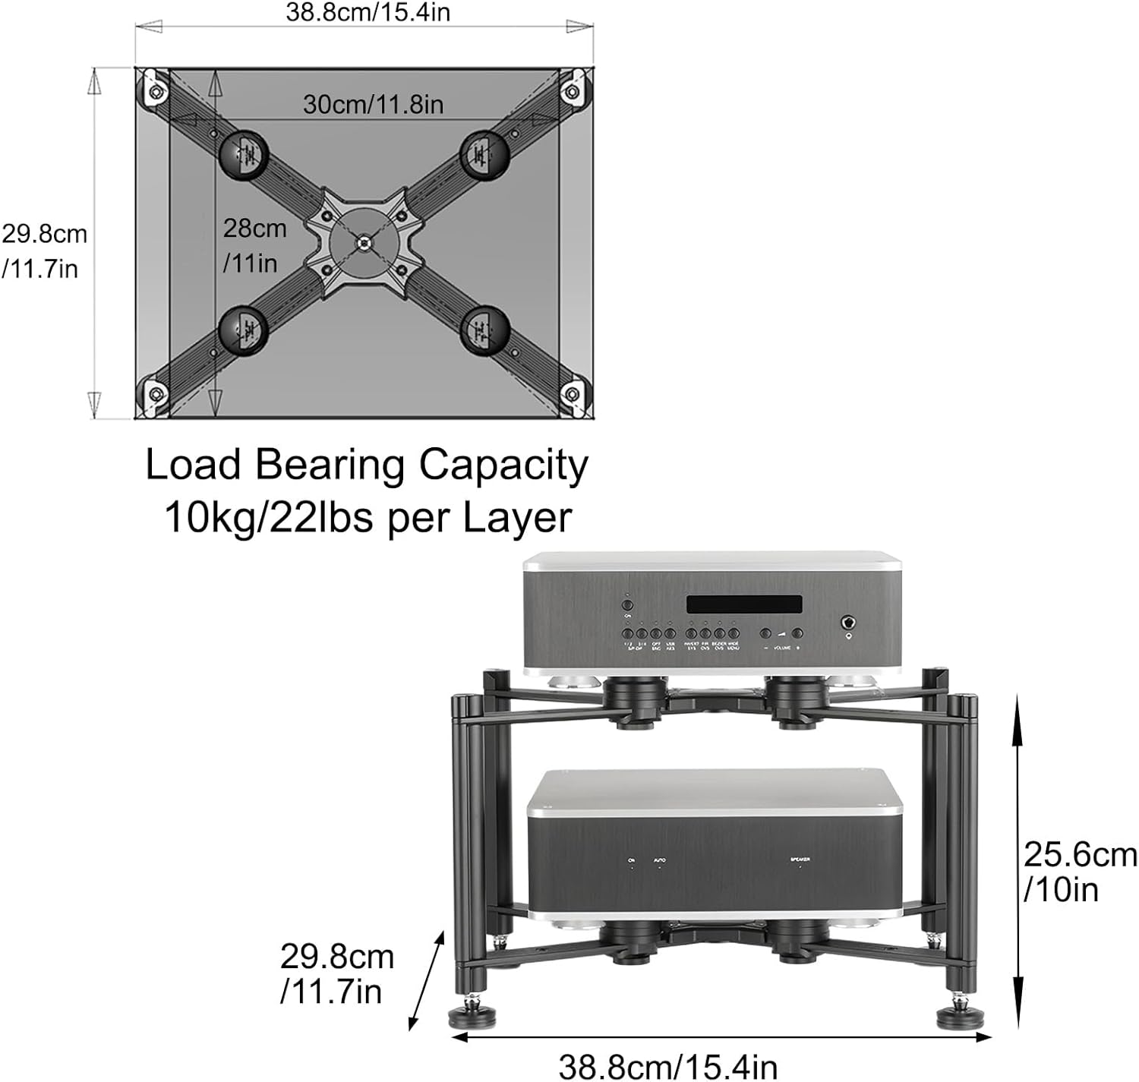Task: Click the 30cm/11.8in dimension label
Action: coord(373,105)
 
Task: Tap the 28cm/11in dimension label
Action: coord(254,245)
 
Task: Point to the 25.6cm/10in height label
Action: coord(1079,872)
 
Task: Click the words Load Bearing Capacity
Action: coord(367,465)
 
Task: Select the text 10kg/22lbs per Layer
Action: coord(368,519)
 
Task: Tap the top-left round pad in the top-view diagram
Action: coord(245,155)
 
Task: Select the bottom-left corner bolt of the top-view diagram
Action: coord(156,394)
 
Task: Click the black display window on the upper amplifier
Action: coord(743,604)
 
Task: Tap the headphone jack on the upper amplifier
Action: coord(848,626)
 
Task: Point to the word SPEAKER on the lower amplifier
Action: coord(800,860)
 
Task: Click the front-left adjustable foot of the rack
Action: coord(465,1014)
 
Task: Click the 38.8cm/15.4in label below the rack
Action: coord(667,1065)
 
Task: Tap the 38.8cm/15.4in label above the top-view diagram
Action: coord(368,12)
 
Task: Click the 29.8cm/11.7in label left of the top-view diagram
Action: coord(44,251)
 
